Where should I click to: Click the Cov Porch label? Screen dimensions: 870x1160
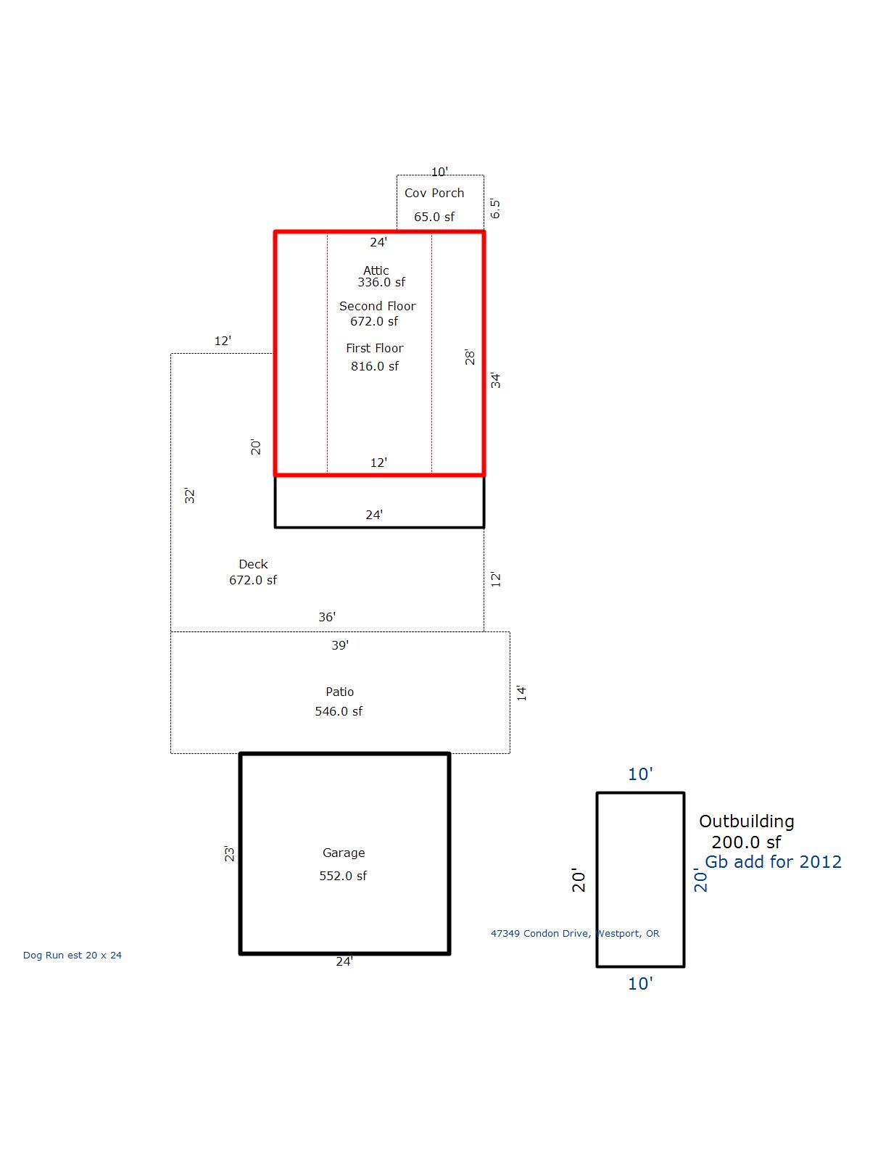click(434, 193)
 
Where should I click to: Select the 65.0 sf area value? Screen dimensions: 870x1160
click(434, 217)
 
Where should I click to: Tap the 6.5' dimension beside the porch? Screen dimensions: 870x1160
click(495, 208)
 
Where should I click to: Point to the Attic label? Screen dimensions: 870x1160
click(376, 270)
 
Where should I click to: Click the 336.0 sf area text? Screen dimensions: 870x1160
click(381, 282)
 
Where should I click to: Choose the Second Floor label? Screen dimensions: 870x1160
click(377, 306)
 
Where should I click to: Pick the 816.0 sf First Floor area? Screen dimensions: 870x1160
click(375, 366)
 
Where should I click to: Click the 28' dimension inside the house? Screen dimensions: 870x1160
click(470, 357)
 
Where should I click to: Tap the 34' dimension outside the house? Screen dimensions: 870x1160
click(495, 380)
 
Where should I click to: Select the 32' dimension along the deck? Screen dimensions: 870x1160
click(189, 495)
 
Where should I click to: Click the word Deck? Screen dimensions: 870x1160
click(253, 564)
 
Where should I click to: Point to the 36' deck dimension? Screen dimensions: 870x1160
click(327, 617)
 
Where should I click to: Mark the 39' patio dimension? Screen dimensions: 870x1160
click(340, 645)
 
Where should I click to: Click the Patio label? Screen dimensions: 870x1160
click(339, 692)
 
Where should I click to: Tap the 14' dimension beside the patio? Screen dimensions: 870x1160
click(521, 693)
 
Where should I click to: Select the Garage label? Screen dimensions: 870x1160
click(344, 853)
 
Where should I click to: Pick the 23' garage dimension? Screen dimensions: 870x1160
click(228, 853)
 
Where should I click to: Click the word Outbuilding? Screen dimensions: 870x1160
click(747, 821)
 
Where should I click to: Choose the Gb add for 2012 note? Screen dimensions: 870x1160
click(773, 862)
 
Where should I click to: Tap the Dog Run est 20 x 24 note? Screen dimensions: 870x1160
click(72, 955)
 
